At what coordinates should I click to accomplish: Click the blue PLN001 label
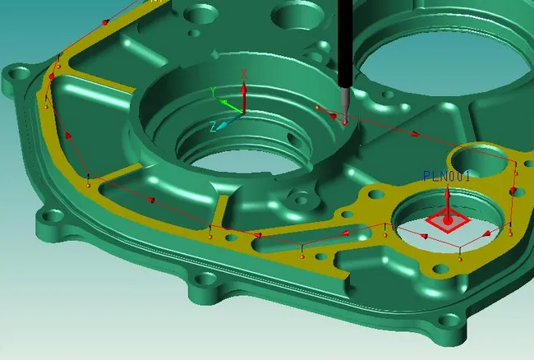[x=446, y=176]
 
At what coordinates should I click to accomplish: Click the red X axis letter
[x=244, y=74]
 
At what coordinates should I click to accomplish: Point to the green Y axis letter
[x=213, y=90]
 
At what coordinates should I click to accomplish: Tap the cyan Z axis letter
[x=212, y=127]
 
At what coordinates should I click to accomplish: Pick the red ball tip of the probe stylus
[x=346, y=122]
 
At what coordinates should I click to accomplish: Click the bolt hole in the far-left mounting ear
[x=15, y=80]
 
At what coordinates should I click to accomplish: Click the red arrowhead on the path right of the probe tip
[x=415, y=133]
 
